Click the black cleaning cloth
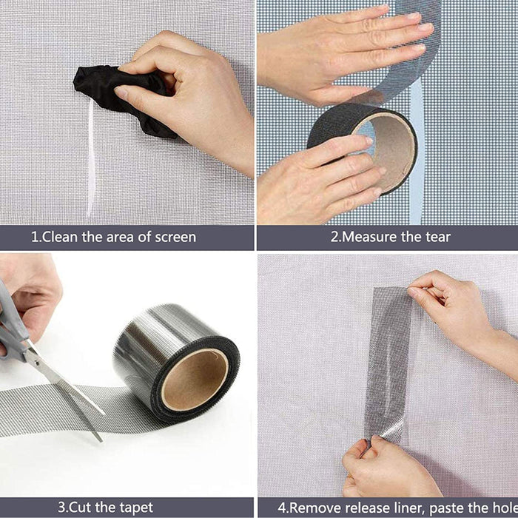tap(111, 92)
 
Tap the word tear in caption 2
tap(435, 238)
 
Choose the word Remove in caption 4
tap(316, 508)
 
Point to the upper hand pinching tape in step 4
tap(451, 303)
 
